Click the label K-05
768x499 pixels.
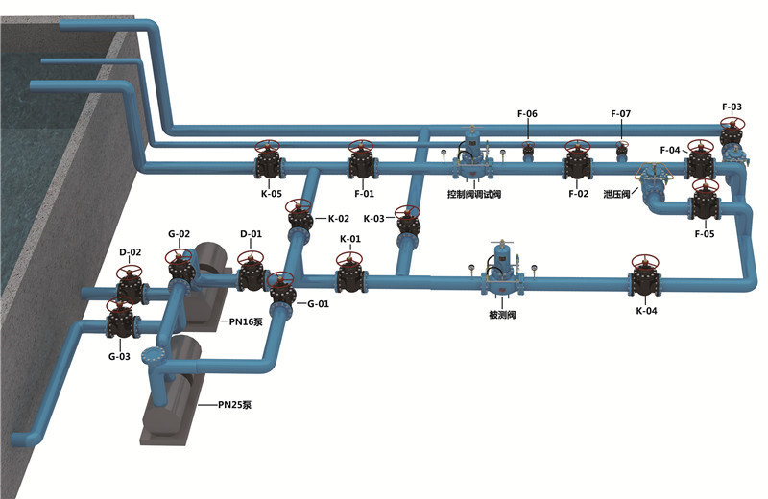pyautogui.click(x=271, y=193)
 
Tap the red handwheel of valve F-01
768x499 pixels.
pyautogui.click(x=362, y=148)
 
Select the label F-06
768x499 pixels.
pyautogui.click(x=527, y=114)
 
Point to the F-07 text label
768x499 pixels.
pyautogui.click(x=621, y=114)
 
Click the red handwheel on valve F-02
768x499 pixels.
pyautogui.click(x=577, y=148)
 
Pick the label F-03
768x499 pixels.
pyautogui.click(x=732, y=107)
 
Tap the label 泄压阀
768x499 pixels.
pyautogui.click(x=615, y=195)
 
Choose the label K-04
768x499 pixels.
pyautogui.click(x=647, y=311)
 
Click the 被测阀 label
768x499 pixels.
pyautogui.click(x=502, y=315)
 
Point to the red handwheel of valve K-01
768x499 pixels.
pyautogui.click(x=348, y=259)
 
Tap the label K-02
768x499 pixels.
pyautogui.click(x=339, y=218)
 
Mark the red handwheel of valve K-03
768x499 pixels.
pyautogui.click(x=408, y=213)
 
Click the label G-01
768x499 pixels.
pyautogui.click(x=318, y=304)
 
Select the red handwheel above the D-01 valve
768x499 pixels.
pyautogui.click(x=252, y=260)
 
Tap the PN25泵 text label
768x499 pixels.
pyautogui.click(x=231, y=405)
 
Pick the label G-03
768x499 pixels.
pyautogui.click(x=120, y=356)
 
